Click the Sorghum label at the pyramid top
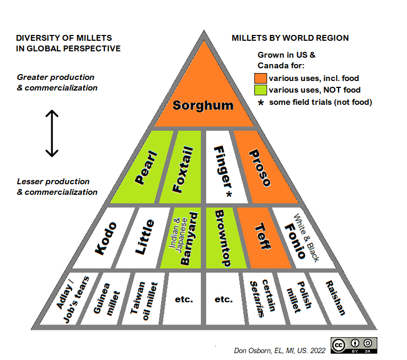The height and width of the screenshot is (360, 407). click(x=203, y=105)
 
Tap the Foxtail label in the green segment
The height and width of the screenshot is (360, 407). click(x=182, y=169)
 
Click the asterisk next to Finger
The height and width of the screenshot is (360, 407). click(x=229, y=194)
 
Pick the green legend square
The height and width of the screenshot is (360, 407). click(x=260, y=90)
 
